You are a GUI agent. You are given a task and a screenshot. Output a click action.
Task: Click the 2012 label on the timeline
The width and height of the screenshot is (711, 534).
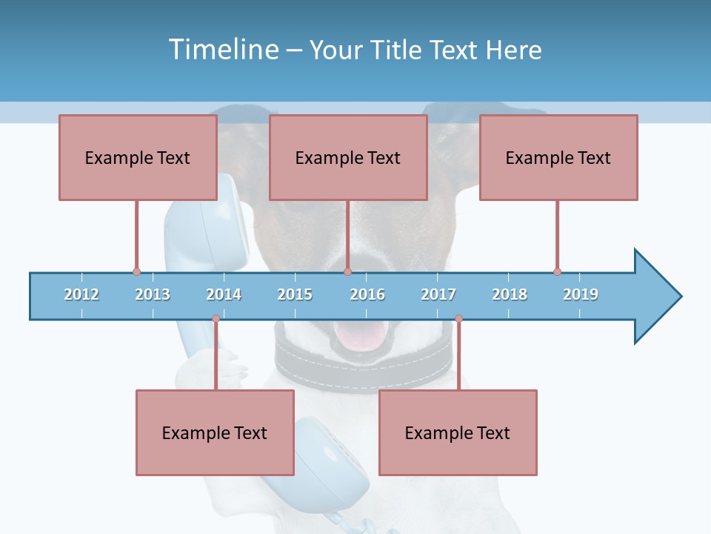click(x=81, y=294)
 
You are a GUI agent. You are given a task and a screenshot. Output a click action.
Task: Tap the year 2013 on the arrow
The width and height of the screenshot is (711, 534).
click(x=153, y=294)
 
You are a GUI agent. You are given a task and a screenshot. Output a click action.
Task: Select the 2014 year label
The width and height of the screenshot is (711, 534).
click(x=224, y=294)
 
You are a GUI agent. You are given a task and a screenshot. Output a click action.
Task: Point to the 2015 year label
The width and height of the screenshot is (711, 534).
click(x=295, y=294)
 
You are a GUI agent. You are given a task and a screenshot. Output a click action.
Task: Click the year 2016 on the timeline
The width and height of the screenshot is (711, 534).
click(x=367, y=294)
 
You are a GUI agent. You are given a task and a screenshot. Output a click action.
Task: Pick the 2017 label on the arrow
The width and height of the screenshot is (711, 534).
click(x=438, y=294)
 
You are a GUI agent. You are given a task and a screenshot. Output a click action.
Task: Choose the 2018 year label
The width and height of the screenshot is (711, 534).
click(x=510, y=294)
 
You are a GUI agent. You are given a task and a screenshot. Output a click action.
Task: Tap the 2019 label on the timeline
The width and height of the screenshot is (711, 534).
click(x=581, y=294)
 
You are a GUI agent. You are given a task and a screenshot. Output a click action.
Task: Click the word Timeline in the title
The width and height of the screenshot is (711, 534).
click(x=223, y=50)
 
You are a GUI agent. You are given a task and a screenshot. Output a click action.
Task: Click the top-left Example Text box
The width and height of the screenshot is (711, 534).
click(x=138, y=157)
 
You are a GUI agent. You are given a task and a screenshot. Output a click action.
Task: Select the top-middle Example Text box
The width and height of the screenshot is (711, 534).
click(x=348, y=157)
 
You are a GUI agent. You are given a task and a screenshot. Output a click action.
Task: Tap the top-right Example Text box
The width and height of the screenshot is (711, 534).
click(x=558, y=157)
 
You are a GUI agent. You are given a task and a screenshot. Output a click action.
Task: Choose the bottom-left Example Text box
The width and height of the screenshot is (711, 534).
click(x=215, y=432)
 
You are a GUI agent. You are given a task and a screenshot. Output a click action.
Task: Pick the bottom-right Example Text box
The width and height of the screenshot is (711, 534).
click(x=458, y=432)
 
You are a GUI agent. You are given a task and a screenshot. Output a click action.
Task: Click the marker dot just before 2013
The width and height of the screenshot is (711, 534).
click(x=136, y=271)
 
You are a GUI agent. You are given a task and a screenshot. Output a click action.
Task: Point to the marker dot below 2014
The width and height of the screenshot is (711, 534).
click(x=216, y=319)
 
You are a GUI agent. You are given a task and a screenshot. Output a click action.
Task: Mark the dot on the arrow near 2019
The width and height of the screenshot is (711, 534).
click(x=557, y=271)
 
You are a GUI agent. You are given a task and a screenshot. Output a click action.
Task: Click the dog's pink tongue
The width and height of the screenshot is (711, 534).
click(x=361, y=337)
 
